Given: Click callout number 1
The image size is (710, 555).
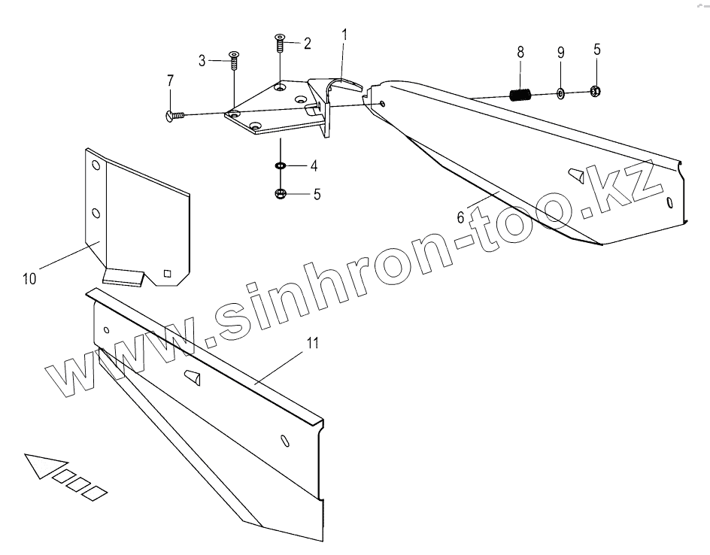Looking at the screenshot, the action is [x=344, y=34].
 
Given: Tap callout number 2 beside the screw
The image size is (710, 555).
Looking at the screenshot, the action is [x=306, y=43].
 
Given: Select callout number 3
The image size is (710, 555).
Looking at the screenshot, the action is [x=202, y=61].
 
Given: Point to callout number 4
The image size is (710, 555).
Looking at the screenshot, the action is [x=314, y=165].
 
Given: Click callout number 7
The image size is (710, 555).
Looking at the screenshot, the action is [x=171, y=80].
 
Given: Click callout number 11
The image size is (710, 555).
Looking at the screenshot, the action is [x=313, y=343].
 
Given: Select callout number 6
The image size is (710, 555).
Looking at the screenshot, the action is [x=461, y=217].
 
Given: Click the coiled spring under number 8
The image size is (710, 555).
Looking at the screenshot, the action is [x=520, y=95].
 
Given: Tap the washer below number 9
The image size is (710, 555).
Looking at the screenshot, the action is [x=561, y=93].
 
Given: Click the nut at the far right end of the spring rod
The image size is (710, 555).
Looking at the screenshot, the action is [x=596, y=92].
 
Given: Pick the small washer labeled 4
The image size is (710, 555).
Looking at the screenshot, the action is [x=281, y=165].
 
